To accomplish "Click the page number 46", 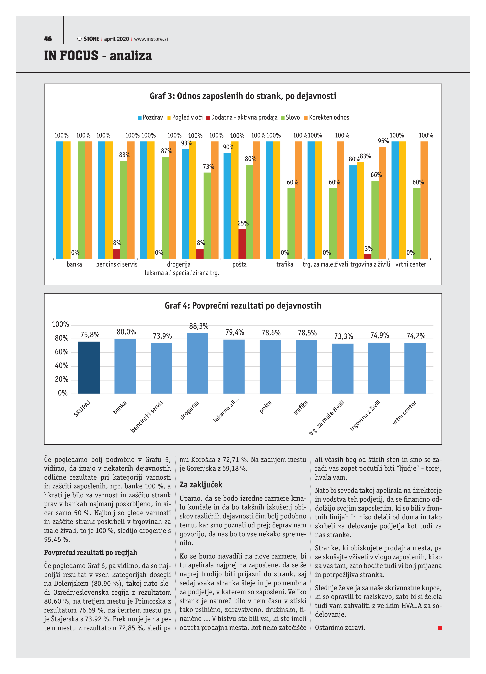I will coord(48,39).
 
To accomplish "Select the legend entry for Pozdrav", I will coord(150,117).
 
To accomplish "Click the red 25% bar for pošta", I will coord(242,244).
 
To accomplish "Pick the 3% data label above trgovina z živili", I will coord(369,249).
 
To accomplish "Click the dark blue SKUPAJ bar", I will coord(89,368).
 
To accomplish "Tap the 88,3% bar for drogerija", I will coord(198,363).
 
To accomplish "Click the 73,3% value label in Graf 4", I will coord(343,336).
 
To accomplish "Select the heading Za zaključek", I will coord(201,485).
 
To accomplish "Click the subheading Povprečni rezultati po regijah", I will coord(91,552).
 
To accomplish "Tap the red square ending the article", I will coord(440,628).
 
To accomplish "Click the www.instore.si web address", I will coord(151,39).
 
